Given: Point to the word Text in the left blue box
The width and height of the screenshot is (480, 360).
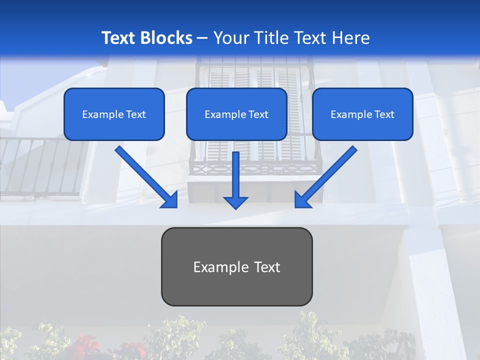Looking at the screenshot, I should coord(135,114).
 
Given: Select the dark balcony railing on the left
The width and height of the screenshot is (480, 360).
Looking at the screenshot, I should coord(40,167).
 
